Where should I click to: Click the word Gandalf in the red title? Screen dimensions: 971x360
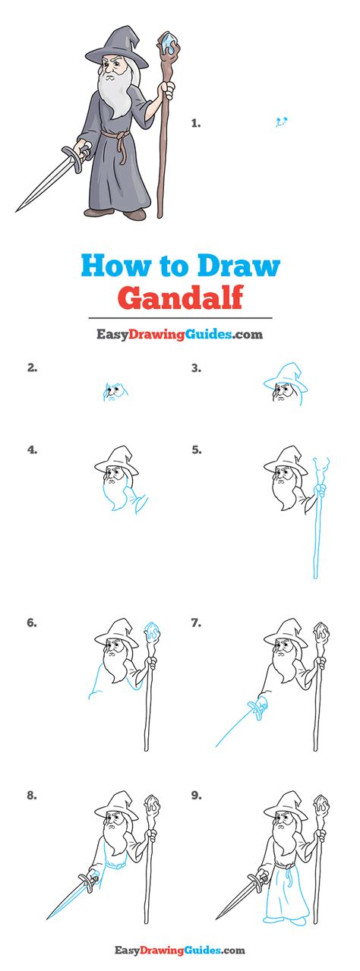click(179, 297)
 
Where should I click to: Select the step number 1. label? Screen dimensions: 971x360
click(195, 121)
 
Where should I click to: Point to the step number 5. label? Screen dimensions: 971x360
click(196, 449)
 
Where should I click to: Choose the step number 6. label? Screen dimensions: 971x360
click(31, 623)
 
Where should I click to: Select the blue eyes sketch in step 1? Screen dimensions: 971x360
click(282, 120)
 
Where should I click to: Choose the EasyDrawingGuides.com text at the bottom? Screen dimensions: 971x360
click(179, 949)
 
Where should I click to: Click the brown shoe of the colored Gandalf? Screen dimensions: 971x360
click(135, 216)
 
